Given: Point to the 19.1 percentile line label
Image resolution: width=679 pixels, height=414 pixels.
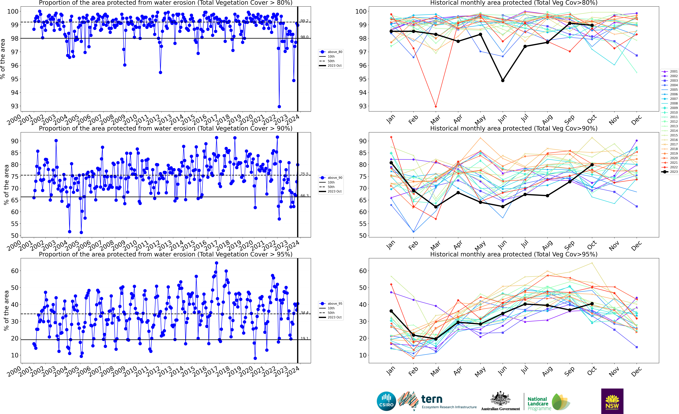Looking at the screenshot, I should point(304,338).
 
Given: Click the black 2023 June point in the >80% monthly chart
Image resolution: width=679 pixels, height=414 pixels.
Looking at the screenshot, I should point(503,81).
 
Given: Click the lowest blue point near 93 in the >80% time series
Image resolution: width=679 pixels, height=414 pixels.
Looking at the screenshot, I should point(279,107).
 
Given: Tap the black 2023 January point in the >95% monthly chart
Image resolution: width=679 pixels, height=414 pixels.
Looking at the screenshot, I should point(391,311).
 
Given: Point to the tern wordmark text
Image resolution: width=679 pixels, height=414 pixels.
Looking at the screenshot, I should point(432,399).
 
